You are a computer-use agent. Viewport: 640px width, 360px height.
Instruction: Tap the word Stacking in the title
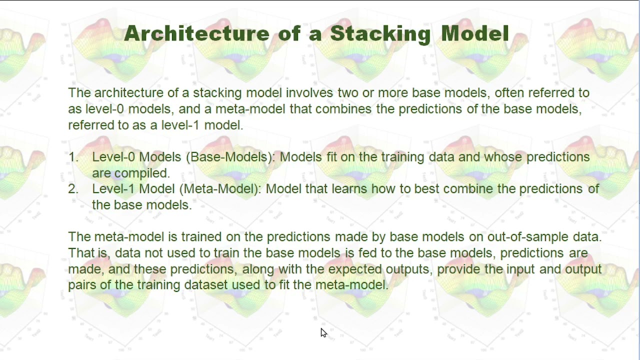[380, 34]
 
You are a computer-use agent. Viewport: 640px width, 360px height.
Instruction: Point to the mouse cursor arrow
[323, 332]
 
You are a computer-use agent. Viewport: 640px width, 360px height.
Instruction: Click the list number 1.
[73, 157]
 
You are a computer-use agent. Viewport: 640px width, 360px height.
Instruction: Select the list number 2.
[73, 189]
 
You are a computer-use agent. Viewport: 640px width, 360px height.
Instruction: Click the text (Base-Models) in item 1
[230, 157]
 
